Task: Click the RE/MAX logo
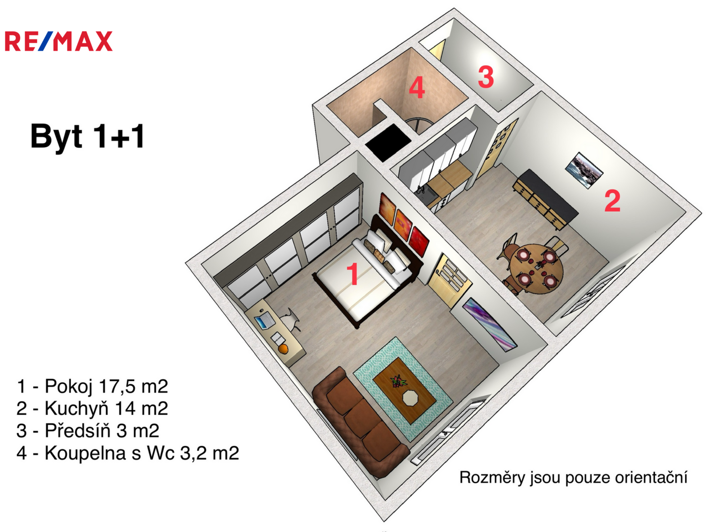[x=59, y=41]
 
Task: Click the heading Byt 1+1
[x=87, y=136]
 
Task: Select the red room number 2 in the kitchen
[x=612, y=201]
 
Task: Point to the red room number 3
[x=486, y=77]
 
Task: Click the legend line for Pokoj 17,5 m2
[x=92, y=386]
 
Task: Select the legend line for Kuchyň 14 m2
[x=92, y=408]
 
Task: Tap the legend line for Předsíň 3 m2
[x=88, y=431]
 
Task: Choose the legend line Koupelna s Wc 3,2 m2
[x=128, y=453]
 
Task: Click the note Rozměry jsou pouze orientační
[x=573, y=477]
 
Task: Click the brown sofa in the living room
[x=361, y=422]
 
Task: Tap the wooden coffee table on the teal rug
[x=404, y=390]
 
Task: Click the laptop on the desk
[x=264, y=321]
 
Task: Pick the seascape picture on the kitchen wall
[x=584, y=170]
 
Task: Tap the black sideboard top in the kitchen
[x=549, y=195]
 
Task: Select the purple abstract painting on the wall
[x=490, y=325]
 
